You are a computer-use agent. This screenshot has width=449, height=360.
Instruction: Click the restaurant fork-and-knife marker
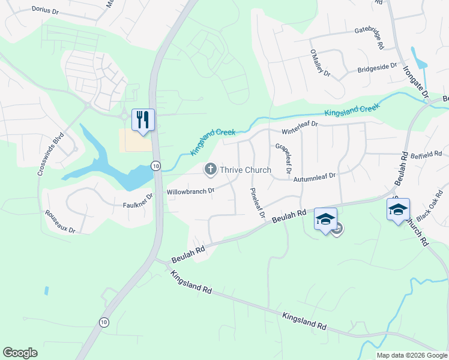click(143, 119)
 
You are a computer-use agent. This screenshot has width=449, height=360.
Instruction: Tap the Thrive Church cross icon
click(211, 169)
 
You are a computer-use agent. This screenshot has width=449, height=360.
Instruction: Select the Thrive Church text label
click(246, 170)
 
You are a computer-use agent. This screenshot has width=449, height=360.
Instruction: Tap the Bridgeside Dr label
click(378, 68)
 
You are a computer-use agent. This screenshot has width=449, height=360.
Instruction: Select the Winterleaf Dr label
click(300, 128)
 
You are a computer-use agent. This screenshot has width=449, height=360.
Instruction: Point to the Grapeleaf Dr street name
click(283, 158)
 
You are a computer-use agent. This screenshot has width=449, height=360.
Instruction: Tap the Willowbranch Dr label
click(190, 191)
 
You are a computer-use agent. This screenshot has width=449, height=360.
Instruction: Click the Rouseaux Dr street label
click(60, 221)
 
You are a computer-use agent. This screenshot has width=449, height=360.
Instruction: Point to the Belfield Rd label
click(427, 154)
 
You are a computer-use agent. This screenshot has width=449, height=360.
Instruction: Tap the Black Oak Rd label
click(430, 208)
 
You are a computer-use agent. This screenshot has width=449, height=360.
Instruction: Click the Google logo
click(20, 353)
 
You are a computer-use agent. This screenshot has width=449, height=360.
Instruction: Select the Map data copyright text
click(412, 355)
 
